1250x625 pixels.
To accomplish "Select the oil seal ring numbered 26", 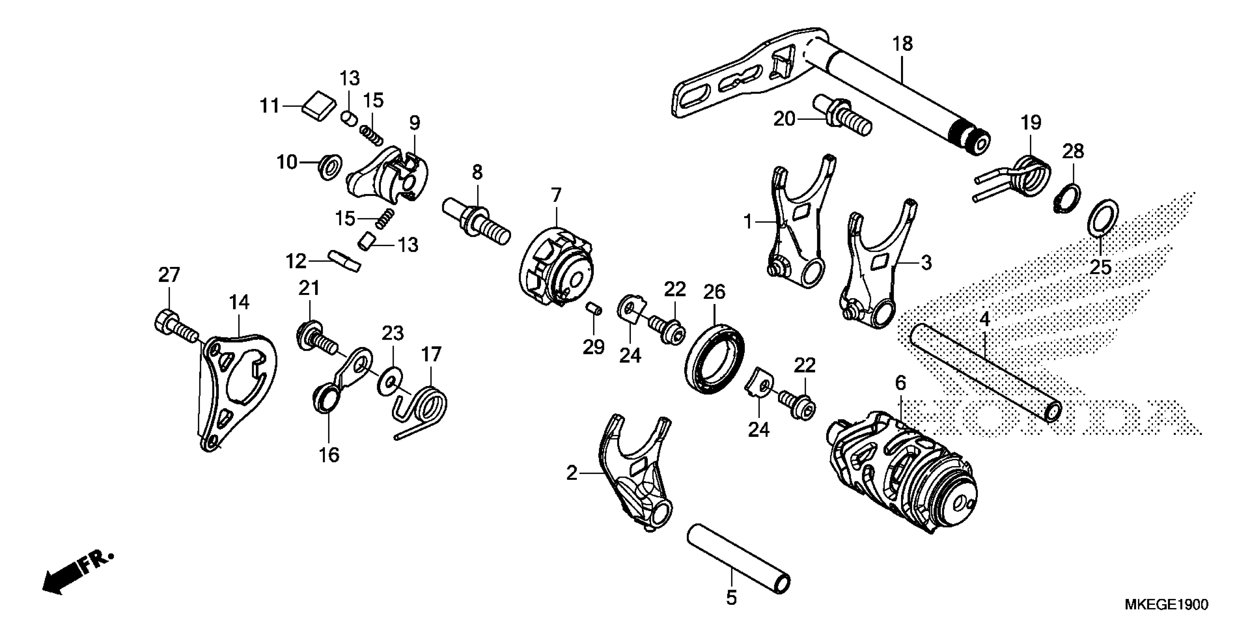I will pos(714,360).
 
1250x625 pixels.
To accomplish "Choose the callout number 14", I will pos(239,302).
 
